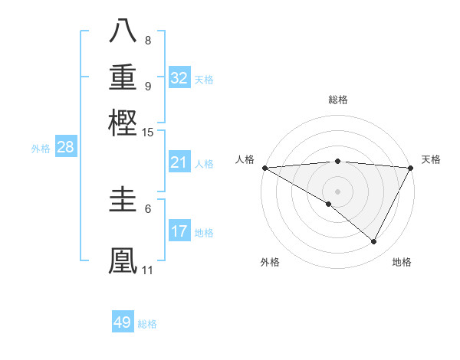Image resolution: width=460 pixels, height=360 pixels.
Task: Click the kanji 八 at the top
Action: coord(123,30)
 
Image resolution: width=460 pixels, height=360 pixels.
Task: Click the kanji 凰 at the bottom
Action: coord(123,259)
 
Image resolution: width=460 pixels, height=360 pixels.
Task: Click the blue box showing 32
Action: coord(179,77)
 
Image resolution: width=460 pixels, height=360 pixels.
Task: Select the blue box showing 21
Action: coord(179,162)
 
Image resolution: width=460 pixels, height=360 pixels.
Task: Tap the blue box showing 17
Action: coord(179,231)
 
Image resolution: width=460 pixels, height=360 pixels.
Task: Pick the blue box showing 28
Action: coord(65,148)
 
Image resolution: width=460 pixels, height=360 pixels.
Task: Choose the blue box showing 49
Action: coord(123,322)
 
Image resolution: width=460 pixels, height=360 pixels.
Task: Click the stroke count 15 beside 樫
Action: coord(148,133)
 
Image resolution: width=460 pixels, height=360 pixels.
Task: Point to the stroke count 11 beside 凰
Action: coord(147,270)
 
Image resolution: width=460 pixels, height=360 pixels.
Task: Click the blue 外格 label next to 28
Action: coord(41,149)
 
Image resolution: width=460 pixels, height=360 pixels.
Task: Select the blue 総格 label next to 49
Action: coord(147,324)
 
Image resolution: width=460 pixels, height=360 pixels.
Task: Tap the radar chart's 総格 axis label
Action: coord(337,100)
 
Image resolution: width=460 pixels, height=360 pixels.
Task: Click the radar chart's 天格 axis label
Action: coord(431,159)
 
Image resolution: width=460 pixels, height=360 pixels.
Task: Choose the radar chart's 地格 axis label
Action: coord(402,262)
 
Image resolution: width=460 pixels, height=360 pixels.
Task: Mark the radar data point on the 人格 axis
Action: coord(264,168)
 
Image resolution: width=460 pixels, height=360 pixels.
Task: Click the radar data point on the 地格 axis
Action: coord(374,241)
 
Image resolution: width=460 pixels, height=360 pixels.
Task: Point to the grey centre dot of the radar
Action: coord(337,191)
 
